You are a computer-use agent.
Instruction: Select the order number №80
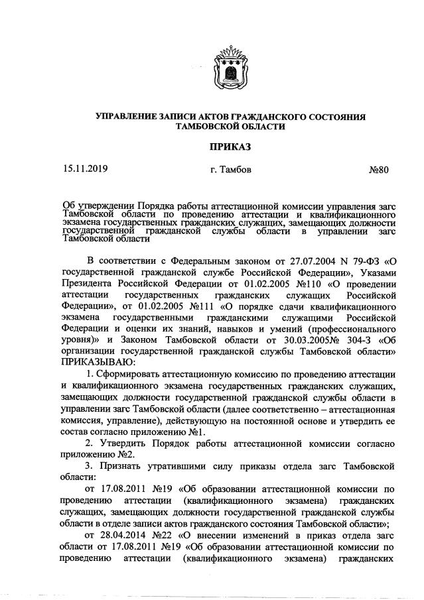point(378,170)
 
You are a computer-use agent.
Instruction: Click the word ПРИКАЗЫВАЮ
point(99,363)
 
